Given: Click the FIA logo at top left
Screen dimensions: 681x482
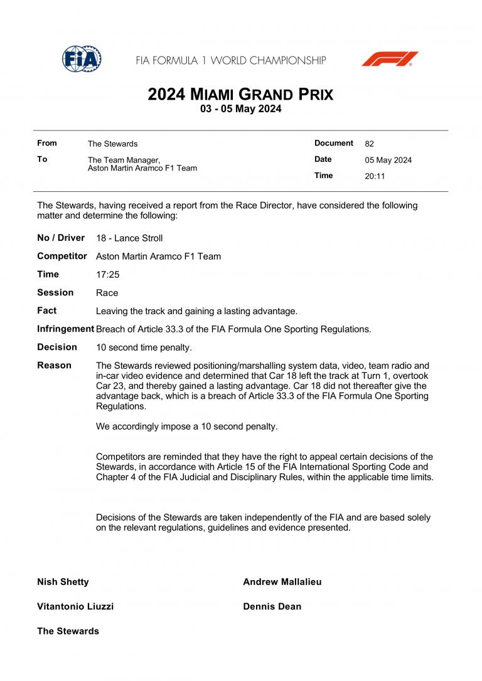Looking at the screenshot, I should tap(82, 59).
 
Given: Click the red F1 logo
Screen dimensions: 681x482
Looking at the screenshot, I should tap(390, 59).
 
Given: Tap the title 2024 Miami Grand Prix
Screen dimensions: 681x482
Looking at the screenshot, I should tap(240, 95).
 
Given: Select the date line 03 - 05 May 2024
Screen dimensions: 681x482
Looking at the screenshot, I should tap(240, 109).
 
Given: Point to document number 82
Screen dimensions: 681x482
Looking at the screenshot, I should tap(369, 144).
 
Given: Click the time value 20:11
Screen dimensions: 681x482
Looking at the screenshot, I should tap(375, 176).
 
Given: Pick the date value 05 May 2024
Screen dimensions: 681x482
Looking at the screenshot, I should tap(388, 160).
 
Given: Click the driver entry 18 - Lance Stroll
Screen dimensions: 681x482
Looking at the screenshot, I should tap(129, 238).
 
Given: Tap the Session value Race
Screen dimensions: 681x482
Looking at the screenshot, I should tap(107, 293).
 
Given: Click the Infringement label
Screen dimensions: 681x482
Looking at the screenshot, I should tap(65, 329).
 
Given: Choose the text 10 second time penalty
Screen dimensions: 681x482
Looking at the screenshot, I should tap(144, 347).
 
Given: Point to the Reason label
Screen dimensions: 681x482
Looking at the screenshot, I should tap(54, 366).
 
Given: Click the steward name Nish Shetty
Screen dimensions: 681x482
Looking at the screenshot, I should tap(63, 582).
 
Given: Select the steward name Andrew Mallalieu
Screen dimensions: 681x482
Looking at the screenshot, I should tap(282, 582).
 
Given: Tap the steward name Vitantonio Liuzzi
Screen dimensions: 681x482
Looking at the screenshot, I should tap(75, 606).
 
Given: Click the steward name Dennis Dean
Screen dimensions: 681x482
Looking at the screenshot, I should tap(272, 606).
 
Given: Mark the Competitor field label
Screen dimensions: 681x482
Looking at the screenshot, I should tap(62, 256).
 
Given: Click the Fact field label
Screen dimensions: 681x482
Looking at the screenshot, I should tap(47, 310).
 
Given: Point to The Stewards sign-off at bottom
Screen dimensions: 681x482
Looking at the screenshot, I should tap(68, 631).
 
